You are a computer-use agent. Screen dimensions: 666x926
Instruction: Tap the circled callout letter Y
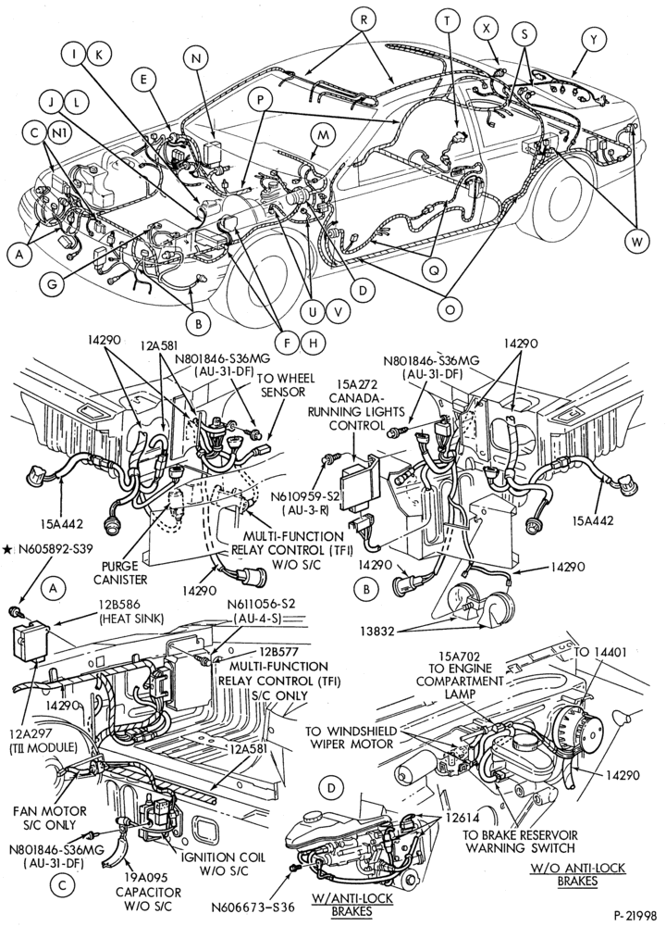click(594, 40)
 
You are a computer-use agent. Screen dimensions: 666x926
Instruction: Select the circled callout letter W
click(637, 241)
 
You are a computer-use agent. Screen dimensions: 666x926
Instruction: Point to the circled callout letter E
click(143, 81)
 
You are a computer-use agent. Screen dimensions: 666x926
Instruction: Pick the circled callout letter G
click(52, 283)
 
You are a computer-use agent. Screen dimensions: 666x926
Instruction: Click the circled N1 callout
click(59, 133)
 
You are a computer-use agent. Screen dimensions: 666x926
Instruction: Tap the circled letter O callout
click(450, 309)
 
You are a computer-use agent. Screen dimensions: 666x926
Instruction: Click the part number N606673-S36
click(253, 906)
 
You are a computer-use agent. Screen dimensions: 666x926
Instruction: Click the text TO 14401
click(600, 652)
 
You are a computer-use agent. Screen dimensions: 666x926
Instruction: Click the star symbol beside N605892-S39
click(6, 549)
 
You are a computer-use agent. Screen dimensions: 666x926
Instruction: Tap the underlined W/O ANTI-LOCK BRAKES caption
click(577, 875)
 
